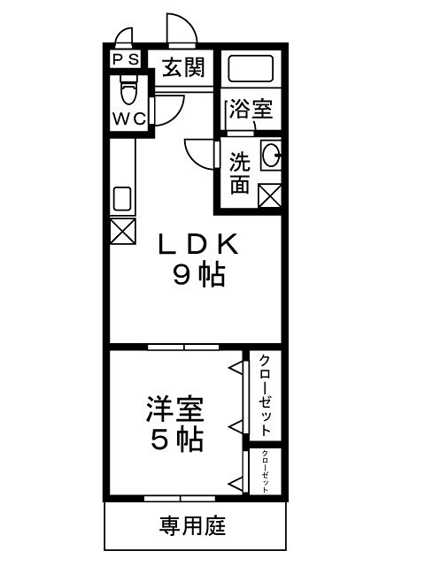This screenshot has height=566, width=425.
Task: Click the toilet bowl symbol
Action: point(130,90)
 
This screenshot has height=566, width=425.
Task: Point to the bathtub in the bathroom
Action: point(250,69)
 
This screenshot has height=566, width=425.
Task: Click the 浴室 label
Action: point(251,110)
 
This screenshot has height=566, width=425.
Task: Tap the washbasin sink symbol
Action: point(270,155)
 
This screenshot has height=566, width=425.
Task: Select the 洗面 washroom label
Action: point(239,173)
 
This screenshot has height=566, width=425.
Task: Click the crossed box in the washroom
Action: point(270,195)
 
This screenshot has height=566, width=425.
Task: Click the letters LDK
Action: point(197,243)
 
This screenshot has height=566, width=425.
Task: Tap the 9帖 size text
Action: point(197,276)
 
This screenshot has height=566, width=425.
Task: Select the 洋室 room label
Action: point(174,409)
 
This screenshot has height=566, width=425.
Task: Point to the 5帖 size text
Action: point(174,439)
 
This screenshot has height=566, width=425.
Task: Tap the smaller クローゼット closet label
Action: point(264,471)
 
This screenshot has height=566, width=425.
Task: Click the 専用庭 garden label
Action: point(192,527)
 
